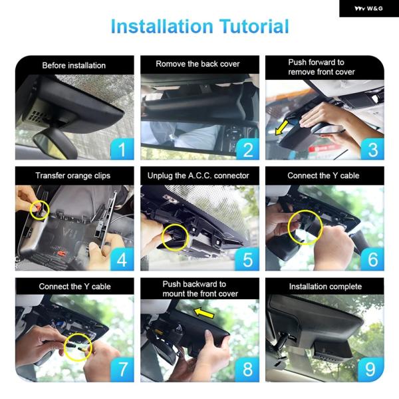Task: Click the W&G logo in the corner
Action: (x=368, y=9)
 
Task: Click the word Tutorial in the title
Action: (x=254, y=26)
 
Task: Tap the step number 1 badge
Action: (x=122, y=149)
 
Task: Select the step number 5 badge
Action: (x=247, y=259)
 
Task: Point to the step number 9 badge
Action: (x=371, y=370)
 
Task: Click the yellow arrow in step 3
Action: (x=282, y=128)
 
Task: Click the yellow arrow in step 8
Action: (x=204, y=313)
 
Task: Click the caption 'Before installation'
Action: (x=74, y=65)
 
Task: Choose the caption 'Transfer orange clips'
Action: (x=72, y=176)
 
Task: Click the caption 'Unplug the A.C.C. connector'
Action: (x=198, y=176)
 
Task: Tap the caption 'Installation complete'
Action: (x=325, y=287)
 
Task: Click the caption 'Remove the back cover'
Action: (x=198, y=64)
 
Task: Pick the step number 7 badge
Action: (x=122, y=370)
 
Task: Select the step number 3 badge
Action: (x=372, y=149)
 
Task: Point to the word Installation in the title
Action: (x=162, y=26)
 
